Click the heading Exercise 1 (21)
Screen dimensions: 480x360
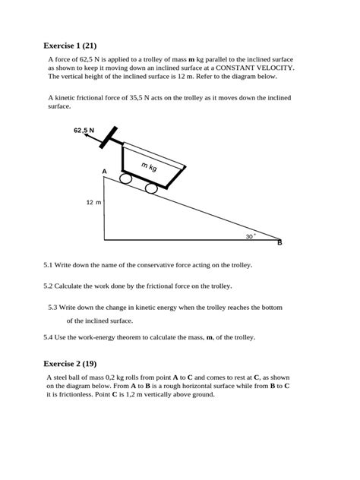point(74,46)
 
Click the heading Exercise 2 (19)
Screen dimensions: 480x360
point(74,363)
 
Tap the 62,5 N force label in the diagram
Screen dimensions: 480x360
point(84,131)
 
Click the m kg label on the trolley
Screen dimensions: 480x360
point(149,166)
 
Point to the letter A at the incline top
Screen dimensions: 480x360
point(105,172)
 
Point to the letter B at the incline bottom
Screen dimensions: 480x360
point(279,242)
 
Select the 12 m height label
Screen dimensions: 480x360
point(93,203)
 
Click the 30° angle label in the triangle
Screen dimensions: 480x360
point(250,236)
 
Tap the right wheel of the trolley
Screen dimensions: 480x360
point(152,188)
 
